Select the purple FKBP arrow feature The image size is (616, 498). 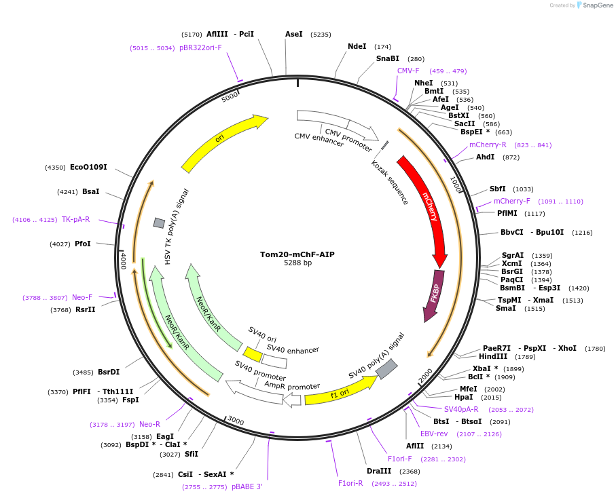pyautogui.click(x=434, y=294)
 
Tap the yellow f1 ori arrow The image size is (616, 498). pyautogui.click(x=340, y=391)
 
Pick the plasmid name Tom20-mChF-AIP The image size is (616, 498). pyautogui.click(x=297, y=254)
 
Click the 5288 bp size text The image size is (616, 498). pyautogui.click(x=297, y=263)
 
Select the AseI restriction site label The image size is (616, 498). pyautogui.click(x=294, y=34)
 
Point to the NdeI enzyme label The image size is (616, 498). pyautogui.click(x=357, y=46)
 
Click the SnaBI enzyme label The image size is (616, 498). pyautogui.click(x=388, y=58)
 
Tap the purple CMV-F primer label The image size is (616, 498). pyautogui.click(x=408, y=71)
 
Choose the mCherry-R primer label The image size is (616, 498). pyautogui.click(x=488, y=145)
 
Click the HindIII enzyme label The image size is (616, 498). pyautogui.click(x=493, y=356)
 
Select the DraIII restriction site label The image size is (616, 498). pyautogui.click(x=379, y=471)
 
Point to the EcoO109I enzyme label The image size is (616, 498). pyautogui.click(x=88, y=167)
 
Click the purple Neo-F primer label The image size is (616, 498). pyautogui.click(x=82, y=297)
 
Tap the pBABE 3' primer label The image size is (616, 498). pyautogui.click(x=247, y=486)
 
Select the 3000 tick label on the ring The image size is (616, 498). pyautogui.click(x=235, y=421)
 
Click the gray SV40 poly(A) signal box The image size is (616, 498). pyautogui.click(x=386, y=369)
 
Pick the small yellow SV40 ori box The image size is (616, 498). pyautogui.click(x=253, y=354)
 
